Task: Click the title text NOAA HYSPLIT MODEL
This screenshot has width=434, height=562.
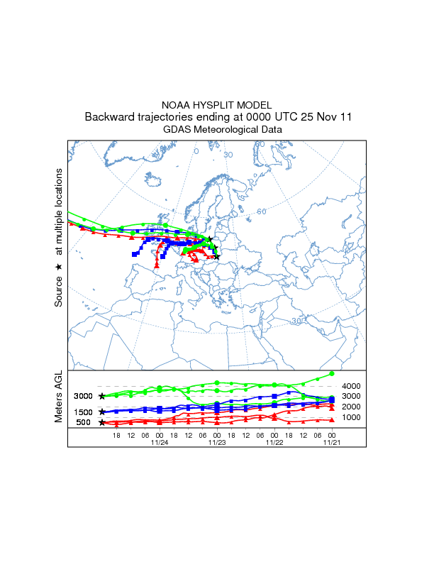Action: click(x=216, y=104)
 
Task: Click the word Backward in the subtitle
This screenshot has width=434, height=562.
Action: click(x=108, y=116)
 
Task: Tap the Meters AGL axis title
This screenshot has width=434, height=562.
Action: click(x=59, y=398)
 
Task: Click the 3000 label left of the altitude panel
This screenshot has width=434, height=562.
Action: click(x=84, y=396)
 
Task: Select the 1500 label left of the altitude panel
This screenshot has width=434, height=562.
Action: click(x=84, y=412)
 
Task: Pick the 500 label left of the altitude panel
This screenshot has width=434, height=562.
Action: click(x=84, y=423)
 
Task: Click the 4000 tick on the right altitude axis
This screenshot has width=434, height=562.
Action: click(x=352, y=386)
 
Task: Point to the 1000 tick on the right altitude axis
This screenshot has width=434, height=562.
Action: click(x=352, y=417)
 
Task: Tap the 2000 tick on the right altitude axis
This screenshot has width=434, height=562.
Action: click(x=352, y=407)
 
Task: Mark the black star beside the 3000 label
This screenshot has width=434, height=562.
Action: click(x=102, y=396)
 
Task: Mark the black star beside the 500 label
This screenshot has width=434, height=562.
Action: click(x=102, y=423)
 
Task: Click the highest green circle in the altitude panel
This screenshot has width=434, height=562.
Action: click(x=332, y=373)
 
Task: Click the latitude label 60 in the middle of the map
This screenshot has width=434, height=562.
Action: click(x=261, y=211)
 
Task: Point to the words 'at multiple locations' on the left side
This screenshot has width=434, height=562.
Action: click(x=59, y=211)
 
